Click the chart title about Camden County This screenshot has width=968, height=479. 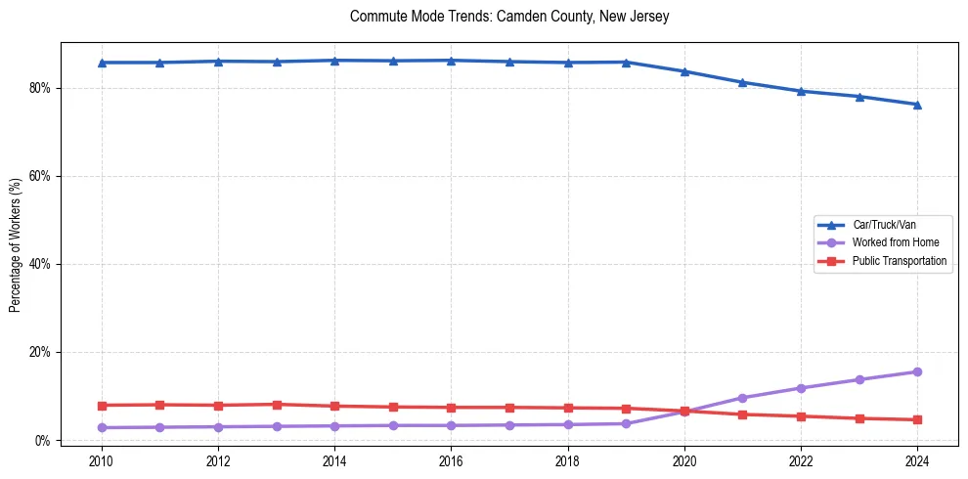pos(508,17)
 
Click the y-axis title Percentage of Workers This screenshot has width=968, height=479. pos(16,245)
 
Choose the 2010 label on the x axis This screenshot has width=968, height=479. pos(102,460)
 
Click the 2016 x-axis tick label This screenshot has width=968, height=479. pos(451,460)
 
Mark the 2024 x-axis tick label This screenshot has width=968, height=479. pos(917,460)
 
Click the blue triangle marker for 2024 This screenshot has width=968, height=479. pos(917,105)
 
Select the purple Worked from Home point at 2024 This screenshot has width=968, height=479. pos(917,371)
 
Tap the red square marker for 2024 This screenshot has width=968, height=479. pos(917,419)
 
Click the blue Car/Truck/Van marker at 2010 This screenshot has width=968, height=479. pos(102,63)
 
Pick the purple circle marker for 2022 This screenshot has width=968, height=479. pos(801,388)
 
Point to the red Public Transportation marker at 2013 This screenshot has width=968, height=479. pos(277,405)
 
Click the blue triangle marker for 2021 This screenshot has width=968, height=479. pos(742,82)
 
